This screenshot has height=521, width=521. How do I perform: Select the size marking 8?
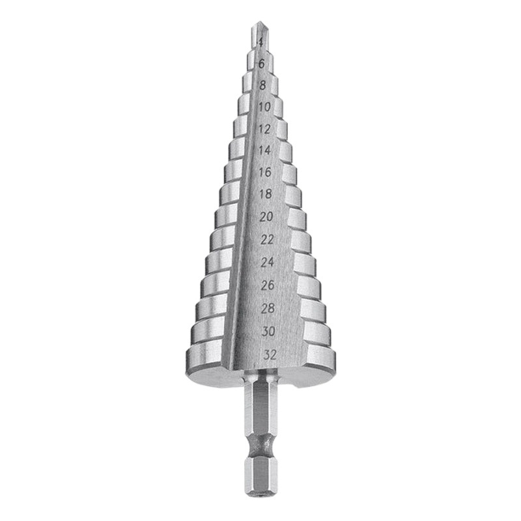pyautogui.click(x=262, y=85)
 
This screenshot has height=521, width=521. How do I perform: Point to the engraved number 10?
pyautogui.click(x=264, y=106)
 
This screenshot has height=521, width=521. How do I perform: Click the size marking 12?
pyautogui.click(x=264, y=128)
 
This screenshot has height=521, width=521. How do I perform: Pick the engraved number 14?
pyautogui.click(x=264, y=150)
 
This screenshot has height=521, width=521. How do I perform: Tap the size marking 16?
pyautogui.click(x=265, y=173)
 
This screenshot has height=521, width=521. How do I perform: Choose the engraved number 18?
pyautogui.click(x=265, y=195)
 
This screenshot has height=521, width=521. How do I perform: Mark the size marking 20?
pyautogui.click(x=266, y=217)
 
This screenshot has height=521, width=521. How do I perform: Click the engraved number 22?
pyautogui.click(x=267, y=240)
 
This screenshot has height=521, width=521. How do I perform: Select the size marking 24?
pyautogui.click(x=268, y=262)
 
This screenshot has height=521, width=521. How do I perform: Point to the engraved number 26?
pyautogui.click(x=268, y=285)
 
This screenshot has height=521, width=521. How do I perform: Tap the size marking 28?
pyautogui.click(x=268, y=308)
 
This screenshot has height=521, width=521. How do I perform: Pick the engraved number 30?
pyautogui.click(x=268, y=331)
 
